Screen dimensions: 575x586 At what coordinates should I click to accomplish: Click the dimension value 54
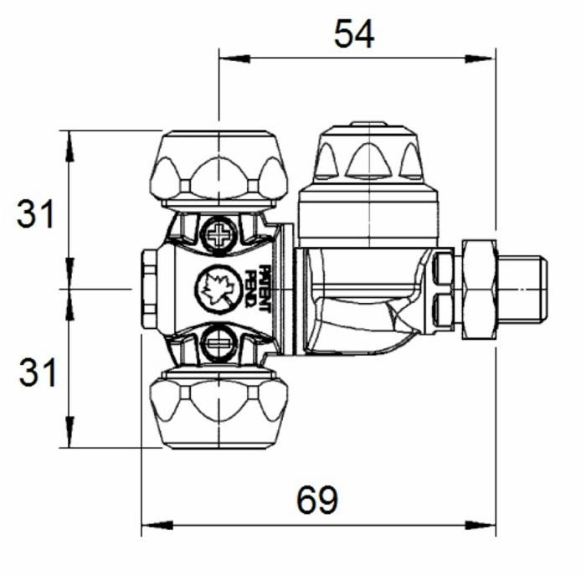click(x=354, y=34)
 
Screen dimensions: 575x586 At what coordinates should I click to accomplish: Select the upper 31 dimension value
click(x=36, y=215)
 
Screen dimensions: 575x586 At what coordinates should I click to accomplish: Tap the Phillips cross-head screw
click(x=218, y=235)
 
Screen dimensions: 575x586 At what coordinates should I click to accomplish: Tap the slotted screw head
click(x=218, y=341)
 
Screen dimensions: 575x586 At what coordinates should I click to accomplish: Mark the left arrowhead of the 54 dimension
click(x=228, y=59)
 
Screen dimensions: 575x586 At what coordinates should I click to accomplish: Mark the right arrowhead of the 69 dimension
click(x=487, y=526)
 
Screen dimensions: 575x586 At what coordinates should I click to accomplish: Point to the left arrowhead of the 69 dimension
click(x=150, y=526)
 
